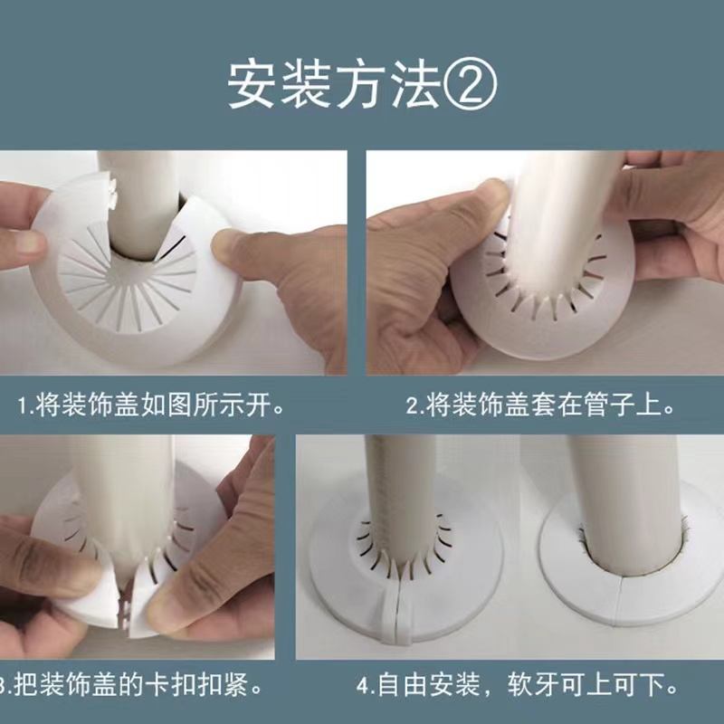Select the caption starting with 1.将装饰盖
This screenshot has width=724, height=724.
(154, 405)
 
